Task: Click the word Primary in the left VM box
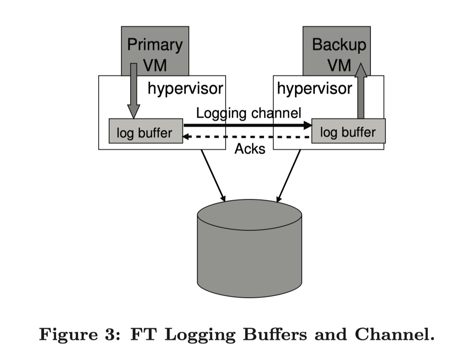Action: [155, 45]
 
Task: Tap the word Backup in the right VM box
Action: [339, 44]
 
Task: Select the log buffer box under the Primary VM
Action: [146, 131]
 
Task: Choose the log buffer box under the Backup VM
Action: [348, 131]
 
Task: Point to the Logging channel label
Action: [249, 113]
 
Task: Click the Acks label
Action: [250, 149]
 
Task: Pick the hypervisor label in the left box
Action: [185, 89]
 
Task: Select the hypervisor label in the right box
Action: [314, 89]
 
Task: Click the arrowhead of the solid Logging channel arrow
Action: [308, 125]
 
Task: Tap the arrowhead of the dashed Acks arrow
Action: [186, 137]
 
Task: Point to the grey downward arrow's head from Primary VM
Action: [134, 111]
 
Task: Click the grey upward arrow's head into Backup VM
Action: [361, 70]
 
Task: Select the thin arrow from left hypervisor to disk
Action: [213, 175]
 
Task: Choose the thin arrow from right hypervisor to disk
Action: [289, 176]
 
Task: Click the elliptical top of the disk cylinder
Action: [249, 215]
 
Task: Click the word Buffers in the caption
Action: [275, 334]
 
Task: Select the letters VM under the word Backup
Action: [339, 65]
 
